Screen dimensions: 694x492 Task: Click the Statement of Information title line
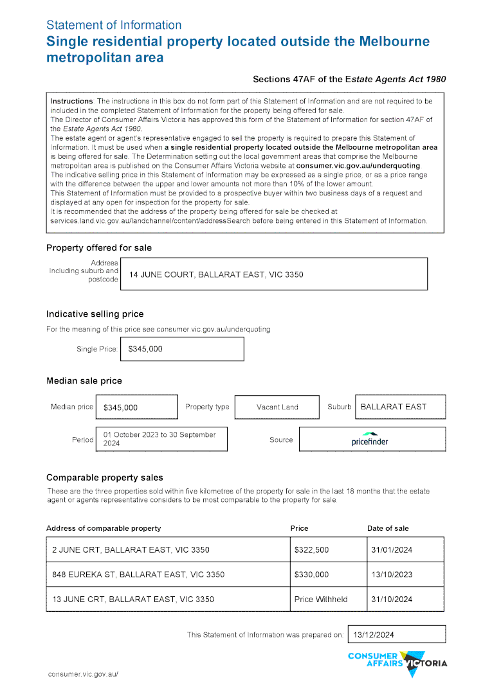coord(114,25)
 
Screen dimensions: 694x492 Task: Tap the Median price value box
coord(136,407)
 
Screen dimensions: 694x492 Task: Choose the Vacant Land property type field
coord(277,407)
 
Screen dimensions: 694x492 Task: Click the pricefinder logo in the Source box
coord(370,439)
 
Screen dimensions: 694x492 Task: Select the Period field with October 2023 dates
coord(161,439)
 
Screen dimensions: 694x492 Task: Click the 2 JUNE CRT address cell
coord(167,550)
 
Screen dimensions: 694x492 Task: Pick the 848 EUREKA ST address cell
coord(167,574)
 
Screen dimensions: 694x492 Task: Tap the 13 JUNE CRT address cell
coord(167,599)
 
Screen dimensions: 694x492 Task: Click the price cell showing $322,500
coord(327,550)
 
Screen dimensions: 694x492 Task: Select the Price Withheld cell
coord(327,599)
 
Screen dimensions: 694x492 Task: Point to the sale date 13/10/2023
coord(405,574)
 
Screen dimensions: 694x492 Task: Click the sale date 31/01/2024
coord(405,550)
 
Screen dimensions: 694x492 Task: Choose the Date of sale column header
coord(388,528)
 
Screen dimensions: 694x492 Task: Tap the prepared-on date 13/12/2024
coord(396,634)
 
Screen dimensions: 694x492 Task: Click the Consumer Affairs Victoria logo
coord(397,663)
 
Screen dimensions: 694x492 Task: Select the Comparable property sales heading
coord(105,477)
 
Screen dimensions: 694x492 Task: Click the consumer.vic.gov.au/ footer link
coord(83,674)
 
